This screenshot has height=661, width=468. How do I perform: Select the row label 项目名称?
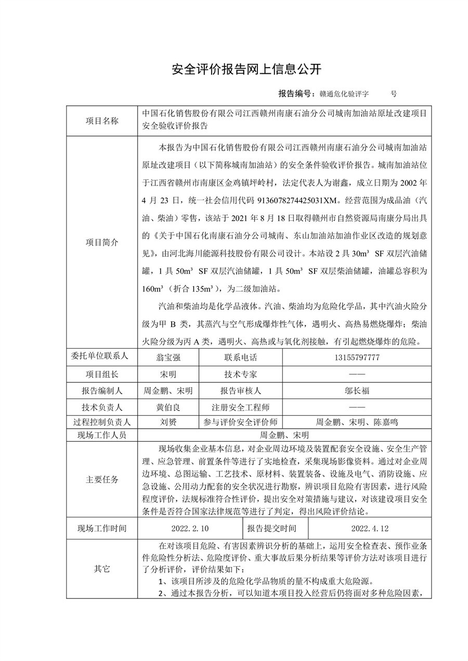(x=102, y=121)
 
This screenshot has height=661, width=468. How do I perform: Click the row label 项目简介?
(x=102, y=242)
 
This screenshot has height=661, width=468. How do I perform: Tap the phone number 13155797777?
(x=356, y=358)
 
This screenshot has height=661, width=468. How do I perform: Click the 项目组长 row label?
(x=102, y=374)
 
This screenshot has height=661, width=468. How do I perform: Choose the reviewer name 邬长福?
(x=356, y=391)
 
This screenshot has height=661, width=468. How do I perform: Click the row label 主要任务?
(x=102, y=479)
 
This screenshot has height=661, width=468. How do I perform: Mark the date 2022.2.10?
(x=189, y=528)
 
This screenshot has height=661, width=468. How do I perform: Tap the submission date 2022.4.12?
(x=370, y=528)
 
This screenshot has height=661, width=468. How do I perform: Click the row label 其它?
(x=102, y=569)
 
